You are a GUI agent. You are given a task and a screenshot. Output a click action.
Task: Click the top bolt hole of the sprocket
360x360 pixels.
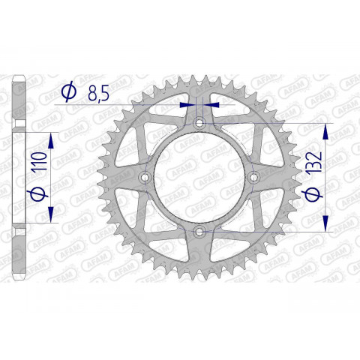tap(199, 123)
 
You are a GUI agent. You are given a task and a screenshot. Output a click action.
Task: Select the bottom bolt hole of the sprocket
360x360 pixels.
tap(199, 232)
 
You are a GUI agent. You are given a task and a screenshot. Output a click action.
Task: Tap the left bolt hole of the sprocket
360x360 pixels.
tap(144, 178)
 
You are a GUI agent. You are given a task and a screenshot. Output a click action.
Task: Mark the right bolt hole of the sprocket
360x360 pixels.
tap(253, 178)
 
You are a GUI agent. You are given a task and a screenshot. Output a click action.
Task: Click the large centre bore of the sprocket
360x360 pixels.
tap(199, 178)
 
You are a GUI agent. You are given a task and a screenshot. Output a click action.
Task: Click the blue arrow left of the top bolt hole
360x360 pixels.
tap(187, 105)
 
